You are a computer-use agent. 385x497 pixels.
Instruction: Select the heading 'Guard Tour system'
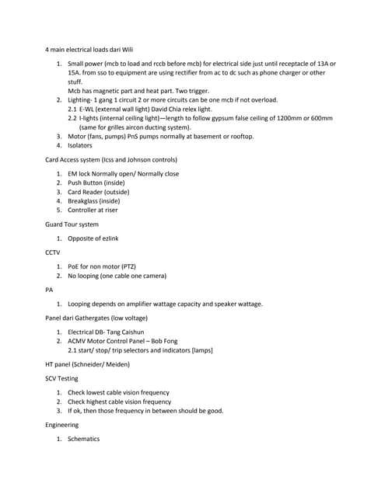(72, 224)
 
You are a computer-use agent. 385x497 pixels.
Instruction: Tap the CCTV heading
(54, 252)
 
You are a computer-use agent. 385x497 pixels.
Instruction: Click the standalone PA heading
(50, 290)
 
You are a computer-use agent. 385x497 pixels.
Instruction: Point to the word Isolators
(80, 145)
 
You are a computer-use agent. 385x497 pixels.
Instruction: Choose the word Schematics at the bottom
(84, 439)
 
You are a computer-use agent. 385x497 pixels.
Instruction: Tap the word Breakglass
(83, 200)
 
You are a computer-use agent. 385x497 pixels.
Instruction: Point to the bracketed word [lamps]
(198, 350)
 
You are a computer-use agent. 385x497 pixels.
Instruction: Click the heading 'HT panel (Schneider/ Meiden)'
(88, 364)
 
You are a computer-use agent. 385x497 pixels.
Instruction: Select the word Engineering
(62, 425)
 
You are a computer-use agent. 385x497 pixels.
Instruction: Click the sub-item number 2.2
(72, 118)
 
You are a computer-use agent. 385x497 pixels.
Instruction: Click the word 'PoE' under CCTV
(73, 266)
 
